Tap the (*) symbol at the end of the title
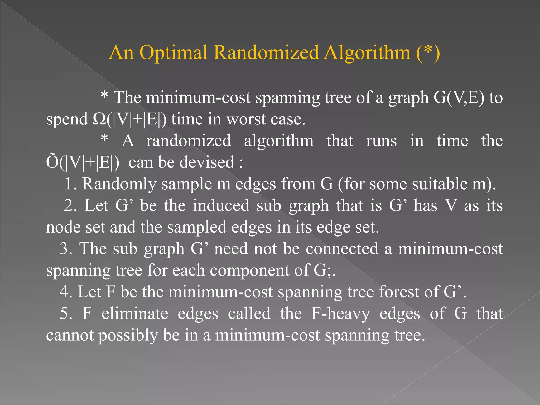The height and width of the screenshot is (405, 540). pos(428,52)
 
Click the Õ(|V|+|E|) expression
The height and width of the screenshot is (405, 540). pos(83,162)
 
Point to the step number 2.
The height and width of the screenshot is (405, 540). pos(70,205)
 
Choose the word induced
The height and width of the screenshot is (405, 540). pos(221,205)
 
